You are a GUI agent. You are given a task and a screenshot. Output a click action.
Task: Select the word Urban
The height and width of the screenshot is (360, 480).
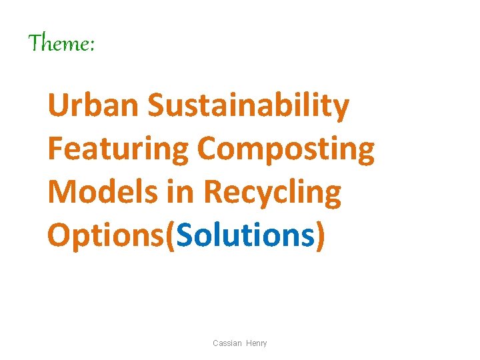93,107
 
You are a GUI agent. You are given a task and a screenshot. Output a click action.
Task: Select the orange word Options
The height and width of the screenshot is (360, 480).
107,236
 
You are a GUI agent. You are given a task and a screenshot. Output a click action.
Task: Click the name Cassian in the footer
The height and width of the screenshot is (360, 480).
227,343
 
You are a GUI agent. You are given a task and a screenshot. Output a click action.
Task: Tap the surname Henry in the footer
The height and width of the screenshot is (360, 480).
256,343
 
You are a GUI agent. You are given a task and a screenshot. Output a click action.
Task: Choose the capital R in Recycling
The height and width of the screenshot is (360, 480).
213,193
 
